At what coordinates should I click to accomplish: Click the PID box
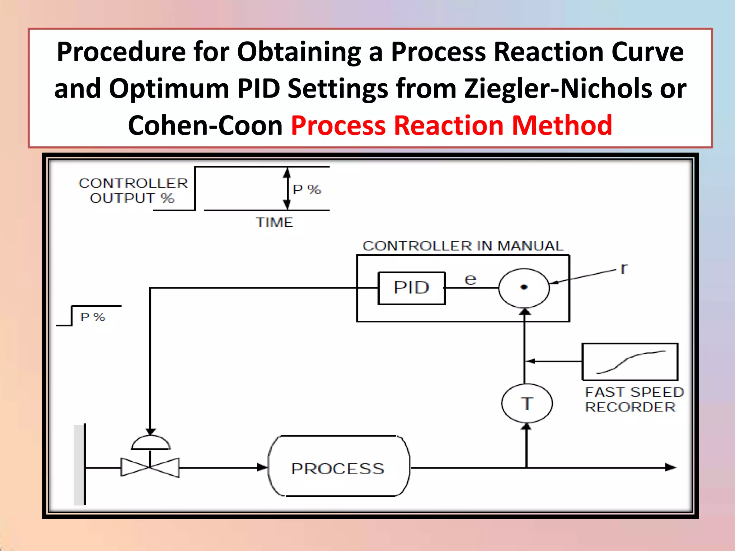[412, 288]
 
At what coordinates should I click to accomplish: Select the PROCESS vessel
[338, 466]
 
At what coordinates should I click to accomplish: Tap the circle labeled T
[526, 404]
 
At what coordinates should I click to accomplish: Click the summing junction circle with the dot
[524, 288]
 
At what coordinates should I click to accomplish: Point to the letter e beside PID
[471, 279]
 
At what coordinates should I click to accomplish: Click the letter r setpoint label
[624, 268]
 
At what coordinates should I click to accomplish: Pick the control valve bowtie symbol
[150, 467]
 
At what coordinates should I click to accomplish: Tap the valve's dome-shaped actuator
[150, 443]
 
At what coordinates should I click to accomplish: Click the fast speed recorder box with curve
[630, 362]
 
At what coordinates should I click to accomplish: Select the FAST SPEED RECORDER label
[634, 400]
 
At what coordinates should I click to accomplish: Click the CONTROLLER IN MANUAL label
[463, 246]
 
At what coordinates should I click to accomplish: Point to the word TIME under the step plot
[275, 223]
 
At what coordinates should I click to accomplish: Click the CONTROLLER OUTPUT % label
[133, 190]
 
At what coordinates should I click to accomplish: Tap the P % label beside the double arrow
[307, 189]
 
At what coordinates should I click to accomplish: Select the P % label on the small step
[93, 317]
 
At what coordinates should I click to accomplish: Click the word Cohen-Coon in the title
[205, 126]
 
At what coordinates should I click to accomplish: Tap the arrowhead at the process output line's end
[670, 467]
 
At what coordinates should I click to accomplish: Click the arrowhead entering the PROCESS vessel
[263, 467]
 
